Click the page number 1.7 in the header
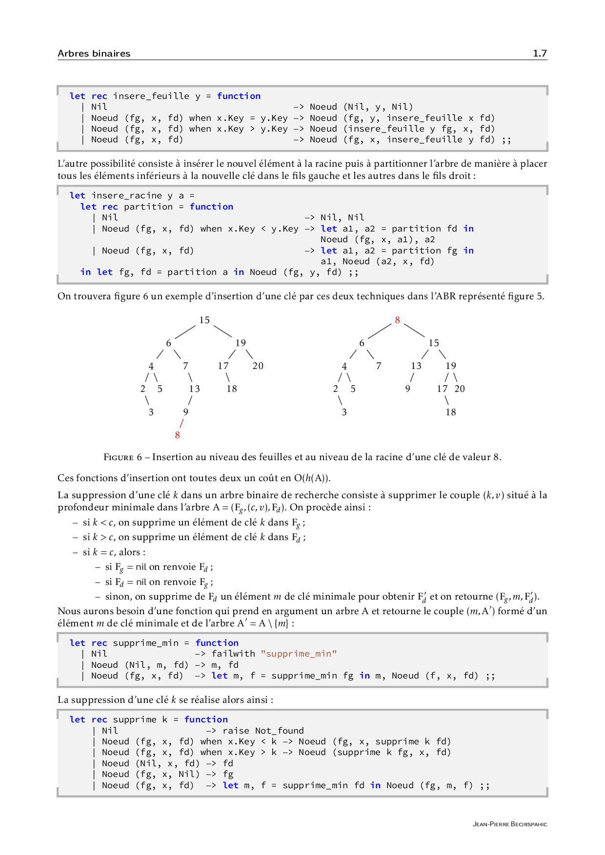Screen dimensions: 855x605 [540, 54]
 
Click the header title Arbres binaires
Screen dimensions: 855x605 [94, 54]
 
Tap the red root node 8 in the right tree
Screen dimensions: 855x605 [397, 320]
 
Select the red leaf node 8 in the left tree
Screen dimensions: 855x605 [177, 435]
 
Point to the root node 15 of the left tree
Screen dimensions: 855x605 [204, 320]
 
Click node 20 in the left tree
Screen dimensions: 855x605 [258, 366]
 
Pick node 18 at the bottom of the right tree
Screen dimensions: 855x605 [450, 412]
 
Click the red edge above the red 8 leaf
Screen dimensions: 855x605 [181, 424]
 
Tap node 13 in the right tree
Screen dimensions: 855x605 [416, 366]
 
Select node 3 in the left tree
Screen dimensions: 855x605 [151, 412]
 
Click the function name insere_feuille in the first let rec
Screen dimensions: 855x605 [151, 96]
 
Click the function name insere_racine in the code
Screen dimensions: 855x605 [126, 195]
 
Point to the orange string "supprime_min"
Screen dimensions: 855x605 [299, 654]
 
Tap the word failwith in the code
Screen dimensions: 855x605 [233, 654]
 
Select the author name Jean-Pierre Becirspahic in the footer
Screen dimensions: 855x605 [510, 824]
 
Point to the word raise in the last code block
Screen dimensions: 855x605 [236, 731]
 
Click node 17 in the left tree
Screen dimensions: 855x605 [223, 366]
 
